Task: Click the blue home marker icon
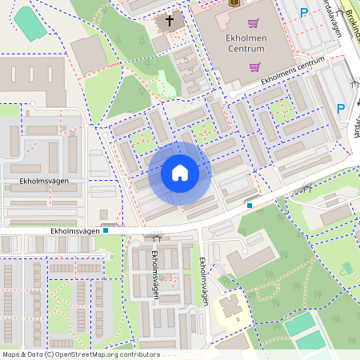click(x=180, y=173)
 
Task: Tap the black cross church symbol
click(x=170, y=21)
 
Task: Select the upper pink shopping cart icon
click(x=254, y=23)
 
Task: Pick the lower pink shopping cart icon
click(x=254, y=67)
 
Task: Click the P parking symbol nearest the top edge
click(x=303, y=12)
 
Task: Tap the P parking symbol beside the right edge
click(x=340, y=109)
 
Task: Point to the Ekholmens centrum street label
click(x=293, y=71)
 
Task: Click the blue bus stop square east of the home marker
click(x=250, y=206)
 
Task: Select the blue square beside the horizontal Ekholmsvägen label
click(x=105, y=230)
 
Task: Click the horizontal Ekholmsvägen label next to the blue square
click(x=74, y=230)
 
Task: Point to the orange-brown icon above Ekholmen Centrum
click(x=234, y=2)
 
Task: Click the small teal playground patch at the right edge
click(x=346, y=268)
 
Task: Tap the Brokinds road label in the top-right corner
click(x=346, y=14)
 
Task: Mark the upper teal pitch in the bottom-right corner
click(x=299, y=323)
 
